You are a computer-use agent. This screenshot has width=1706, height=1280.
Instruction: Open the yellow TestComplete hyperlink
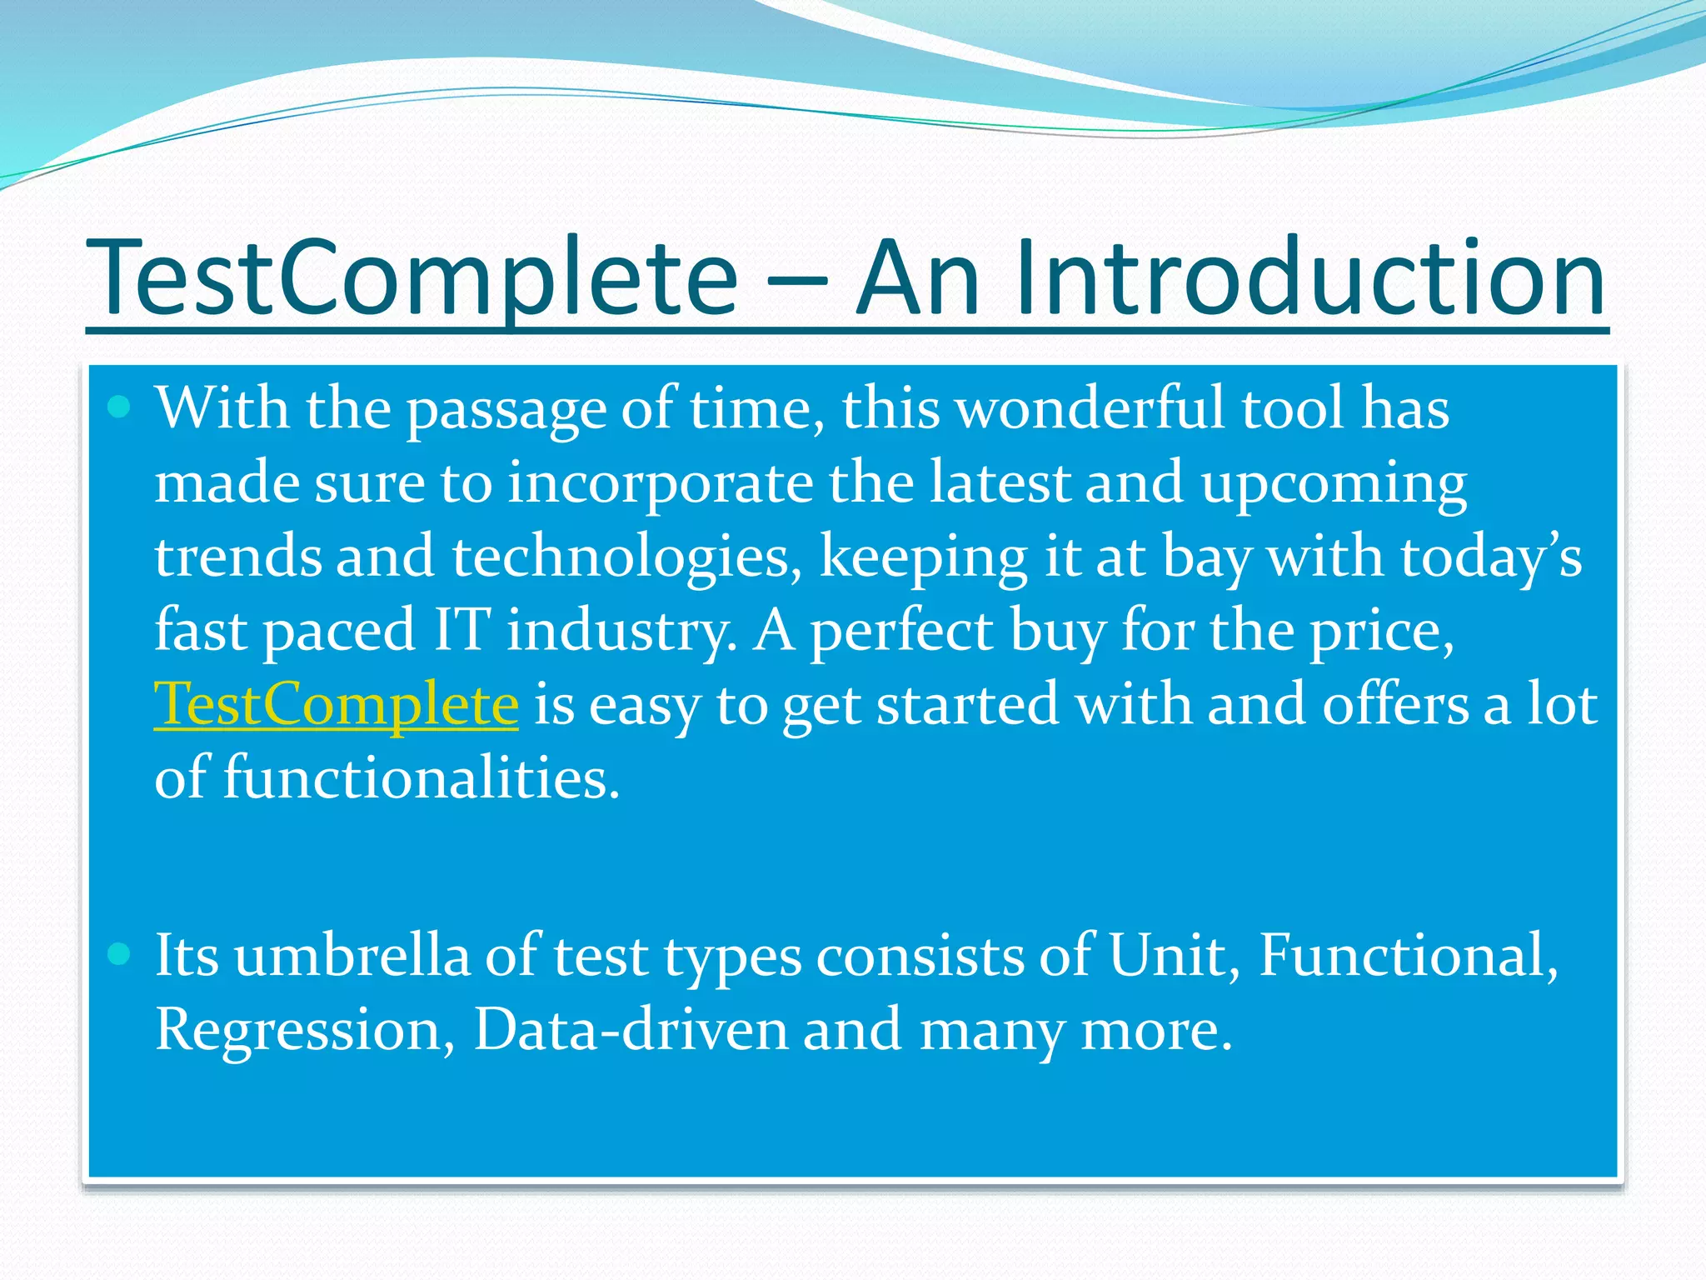point(336,705)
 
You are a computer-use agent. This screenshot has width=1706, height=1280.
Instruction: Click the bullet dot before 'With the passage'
point(120,407)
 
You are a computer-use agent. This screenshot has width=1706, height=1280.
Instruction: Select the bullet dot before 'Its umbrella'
point(120,953)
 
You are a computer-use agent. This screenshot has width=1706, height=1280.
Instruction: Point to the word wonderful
point(1090,409)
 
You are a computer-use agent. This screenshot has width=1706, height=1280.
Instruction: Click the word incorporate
point(659,483)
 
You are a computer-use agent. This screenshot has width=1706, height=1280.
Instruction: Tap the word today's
point(1490,557)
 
